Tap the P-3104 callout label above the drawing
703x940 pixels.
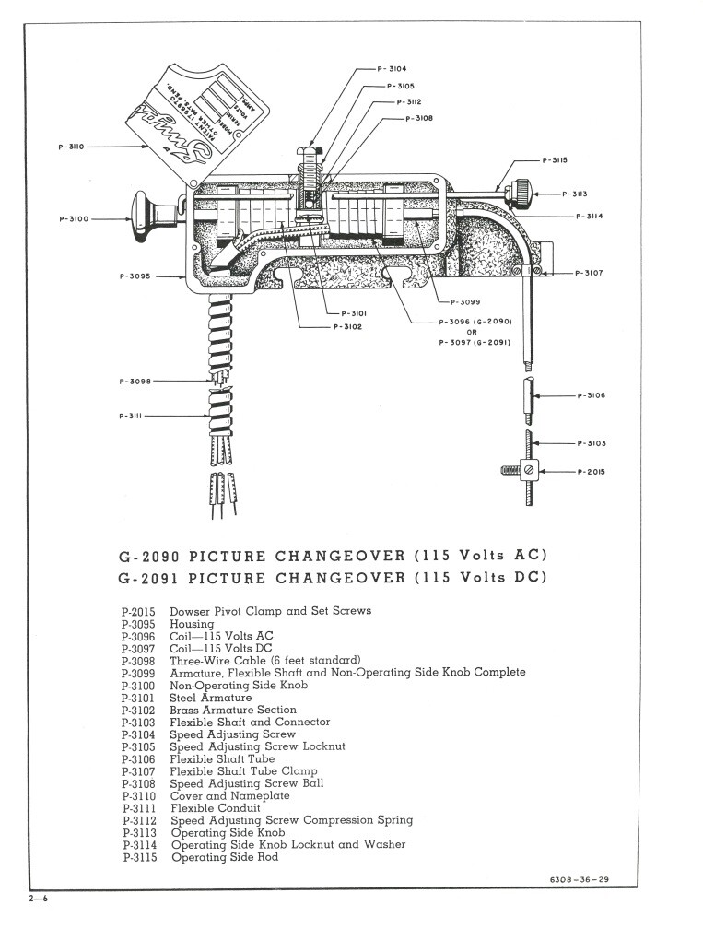(392, 68)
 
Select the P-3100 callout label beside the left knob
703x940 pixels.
(74, 219)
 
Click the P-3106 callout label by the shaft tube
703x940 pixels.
(591, 395)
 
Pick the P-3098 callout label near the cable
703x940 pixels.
(135, 380)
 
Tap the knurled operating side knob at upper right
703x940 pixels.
(521, 191)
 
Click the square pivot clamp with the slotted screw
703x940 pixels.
(529, 472)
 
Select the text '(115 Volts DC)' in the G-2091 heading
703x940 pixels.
(481, 578)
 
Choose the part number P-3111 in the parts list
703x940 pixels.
(138, 808)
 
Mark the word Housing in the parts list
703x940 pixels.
(192, 623)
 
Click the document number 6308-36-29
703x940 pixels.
(578, 877)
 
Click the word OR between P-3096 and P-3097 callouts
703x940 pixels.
(471, 332)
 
